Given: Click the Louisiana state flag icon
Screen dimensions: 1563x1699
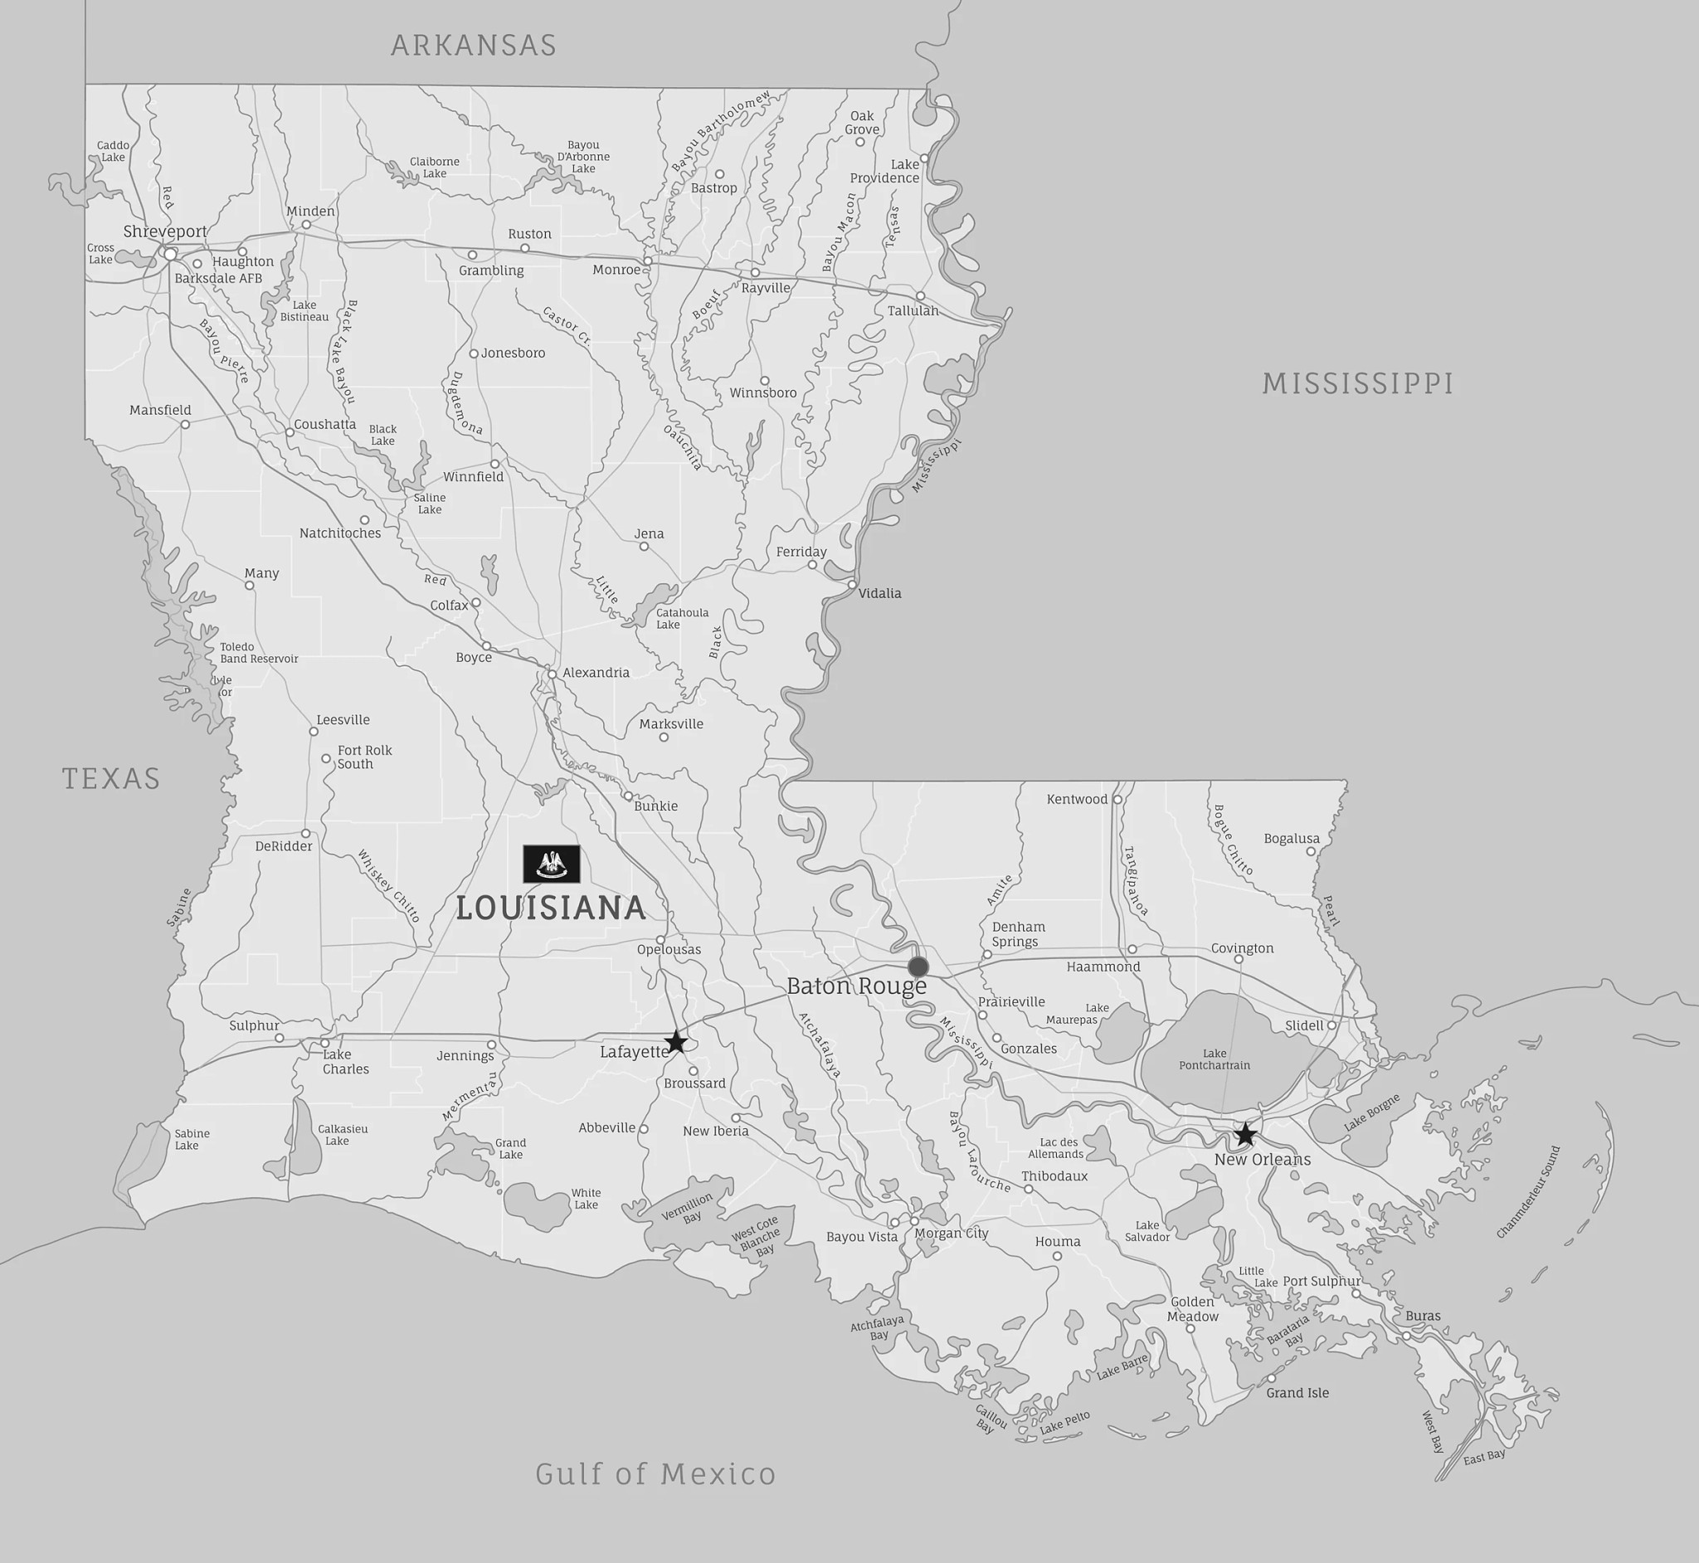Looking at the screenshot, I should pyautogui.click(x=552, y=864).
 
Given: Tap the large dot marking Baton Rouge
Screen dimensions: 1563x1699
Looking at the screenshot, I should pyautogui.click(x=918, y=966).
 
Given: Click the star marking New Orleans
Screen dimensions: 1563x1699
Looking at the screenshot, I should pyautogui.click(x=1244, y=1134).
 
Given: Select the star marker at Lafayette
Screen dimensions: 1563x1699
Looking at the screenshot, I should pyautogui.click(x=674, y=1042).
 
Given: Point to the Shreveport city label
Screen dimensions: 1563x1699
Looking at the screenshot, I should pyautogui.click(x=165, y=231).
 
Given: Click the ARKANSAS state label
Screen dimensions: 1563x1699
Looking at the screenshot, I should pyautogui.click(x=474, y=45).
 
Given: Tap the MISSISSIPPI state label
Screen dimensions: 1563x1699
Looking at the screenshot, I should pyautogui.click(x=1358, y=383).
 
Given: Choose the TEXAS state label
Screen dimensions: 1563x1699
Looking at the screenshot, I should pyautogui.click(x=111, y=778).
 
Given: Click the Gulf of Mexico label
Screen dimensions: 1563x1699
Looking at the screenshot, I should pyautogui.click(x=655, y=1474).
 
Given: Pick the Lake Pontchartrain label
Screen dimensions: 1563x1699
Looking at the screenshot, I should pyautogui.click(x=1215, y=1059).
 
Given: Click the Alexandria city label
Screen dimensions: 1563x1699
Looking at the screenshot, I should pyautogui.click(x=596, y=672).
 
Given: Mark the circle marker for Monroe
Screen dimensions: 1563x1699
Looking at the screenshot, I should pyautogui.click(x=648, y=261).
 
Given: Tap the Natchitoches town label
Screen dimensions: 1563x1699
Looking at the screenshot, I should pyautogui.click(x=340, y=533).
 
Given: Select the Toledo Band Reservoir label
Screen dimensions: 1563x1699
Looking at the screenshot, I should pyautogui.click(x=259, y=652).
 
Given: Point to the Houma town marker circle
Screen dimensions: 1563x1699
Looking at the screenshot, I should pyautogui.click(x=1057, y=1256).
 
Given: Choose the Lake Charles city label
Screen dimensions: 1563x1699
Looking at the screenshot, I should pyautogui.click(x=345, y=1061).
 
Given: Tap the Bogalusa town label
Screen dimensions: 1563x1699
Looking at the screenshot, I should pyautogui.click(x=1292, y=838).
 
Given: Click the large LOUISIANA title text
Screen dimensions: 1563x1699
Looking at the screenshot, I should pyautogui.click(x=552, y=908).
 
